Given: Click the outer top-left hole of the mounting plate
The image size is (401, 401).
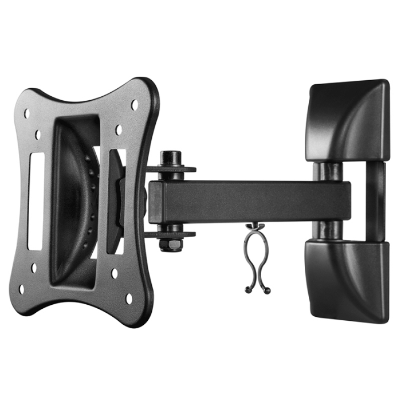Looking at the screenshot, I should tap(26, 113).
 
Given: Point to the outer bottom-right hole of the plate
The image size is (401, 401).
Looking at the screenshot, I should tap(129, 298).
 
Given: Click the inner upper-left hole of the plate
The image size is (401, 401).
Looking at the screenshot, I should tap(38, 135).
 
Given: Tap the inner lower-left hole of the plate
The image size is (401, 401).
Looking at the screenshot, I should tap(34, 267).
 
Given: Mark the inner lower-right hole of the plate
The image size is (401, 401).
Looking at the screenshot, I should tap(115, 273).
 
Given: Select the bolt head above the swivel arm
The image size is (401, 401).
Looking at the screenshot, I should tap(170, 158).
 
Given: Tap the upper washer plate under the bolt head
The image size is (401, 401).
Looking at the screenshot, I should tap(171, 169).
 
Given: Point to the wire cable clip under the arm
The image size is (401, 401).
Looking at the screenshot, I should tap(257, 258).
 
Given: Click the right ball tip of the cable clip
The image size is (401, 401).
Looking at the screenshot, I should tap(268, 292).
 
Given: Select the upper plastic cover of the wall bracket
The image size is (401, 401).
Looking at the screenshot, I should tap(348, 120).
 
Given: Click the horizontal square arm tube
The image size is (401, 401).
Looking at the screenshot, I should tap(252, 202).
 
